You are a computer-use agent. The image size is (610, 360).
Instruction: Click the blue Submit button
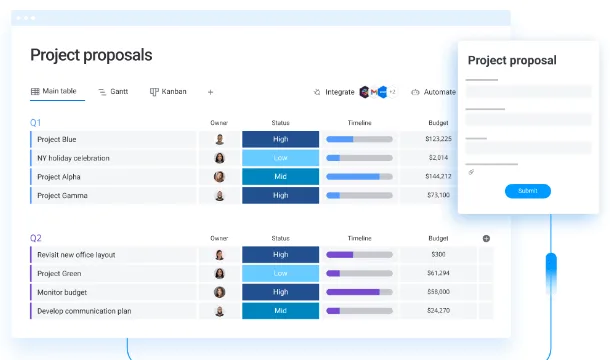528,191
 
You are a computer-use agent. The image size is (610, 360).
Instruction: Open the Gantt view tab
113,91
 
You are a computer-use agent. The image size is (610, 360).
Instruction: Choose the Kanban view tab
168,91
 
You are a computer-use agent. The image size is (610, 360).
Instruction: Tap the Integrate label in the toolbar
340,92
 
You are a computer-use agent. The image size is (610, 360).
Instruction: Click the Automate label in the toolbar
440,92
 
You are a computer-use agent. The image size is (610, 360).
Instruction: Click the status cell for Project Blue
280,139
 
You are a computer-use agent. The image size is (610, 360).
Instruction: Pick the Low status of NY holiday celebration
280,158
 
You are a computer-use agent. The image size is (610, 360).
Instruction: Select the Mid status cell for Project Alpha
280,176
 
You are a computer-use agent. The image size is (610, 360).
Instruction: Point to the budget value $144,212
438,176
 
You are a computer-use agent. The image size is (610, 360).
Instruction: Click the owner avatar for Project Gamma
219,195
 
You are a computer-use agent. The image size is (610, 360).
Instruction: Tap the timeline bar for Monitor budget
359,292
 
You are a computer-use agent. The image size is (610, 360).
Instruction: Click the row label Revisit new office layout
76,255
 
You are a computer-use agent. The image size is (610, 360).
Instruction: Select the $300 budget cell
438,255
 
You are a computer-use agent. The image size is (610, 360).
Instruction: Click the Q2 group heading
36,238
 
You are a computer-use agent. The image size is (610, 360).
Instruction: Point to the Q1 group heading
35,123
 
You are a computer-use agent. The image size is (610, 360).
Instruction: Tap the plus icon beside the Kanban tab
210,92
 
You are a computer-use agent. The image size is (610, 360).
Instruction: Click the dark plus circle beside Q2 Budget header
486,239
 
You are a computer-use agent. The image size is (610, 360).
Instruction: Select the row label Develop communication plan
84,311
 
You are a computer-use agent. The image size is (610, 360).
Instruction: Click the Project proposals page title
91,55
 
